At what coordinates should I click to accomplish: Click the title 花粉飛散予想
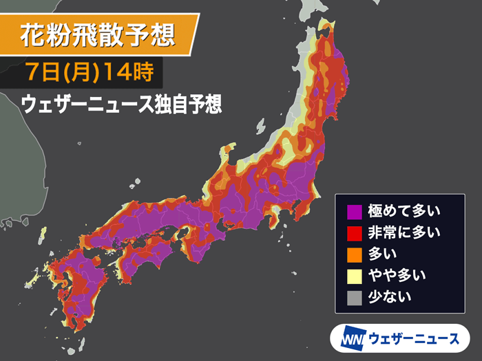pyautogui.click(x=96, y=34)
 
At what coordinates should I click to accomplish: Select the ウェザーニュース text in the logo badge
pyautogui.click(x=413, y=338)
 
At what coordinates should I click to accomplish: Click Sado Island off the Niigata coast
pyautogui.click(x=261, y=127)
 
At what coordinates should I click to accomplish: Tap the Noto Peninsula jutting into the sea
pyautogui.click(x=228, y=155)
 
